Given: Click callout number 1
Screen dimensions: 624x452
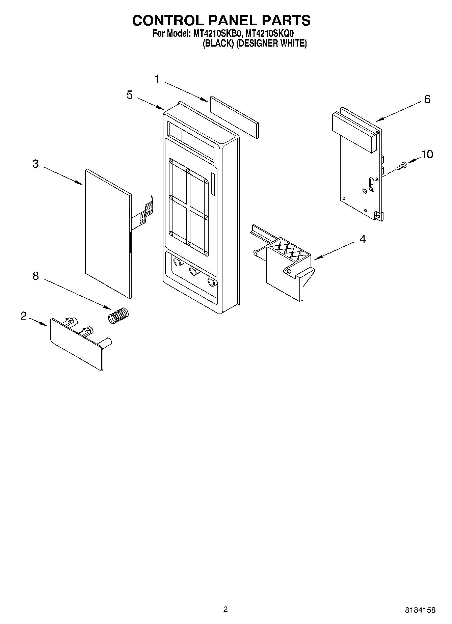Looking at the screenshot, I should coord(157,80).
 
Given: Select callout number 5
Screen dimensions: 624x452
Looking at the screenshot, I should coord(130,95).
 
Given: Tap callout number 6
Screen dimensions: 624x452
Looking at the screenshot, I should coord(427,99).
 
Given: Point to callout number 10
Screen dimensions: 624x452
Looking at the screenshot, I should coord(427,154).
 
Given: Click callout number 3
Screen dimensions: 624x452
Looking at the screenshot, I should coord(35,164).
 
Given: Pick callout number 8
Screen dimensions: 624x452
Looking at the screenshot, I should coord(35,276).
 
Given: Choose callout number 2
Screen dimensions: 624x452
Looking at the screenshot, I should coord(23,316).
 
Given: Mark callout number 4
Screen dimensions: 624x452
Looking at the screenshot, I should coord(362,239).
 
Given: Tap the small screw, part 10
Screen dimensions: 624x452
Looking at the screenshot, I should coord(403,166).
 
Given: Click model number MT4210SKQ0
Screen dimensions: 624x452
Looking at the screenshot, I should coord(270,34).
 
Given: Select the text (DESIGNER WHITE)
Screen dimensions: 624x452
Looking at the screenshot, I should coord(271,44).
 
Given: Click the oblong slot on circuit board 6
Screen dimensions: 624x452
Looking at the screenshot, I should coord(372,184).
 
